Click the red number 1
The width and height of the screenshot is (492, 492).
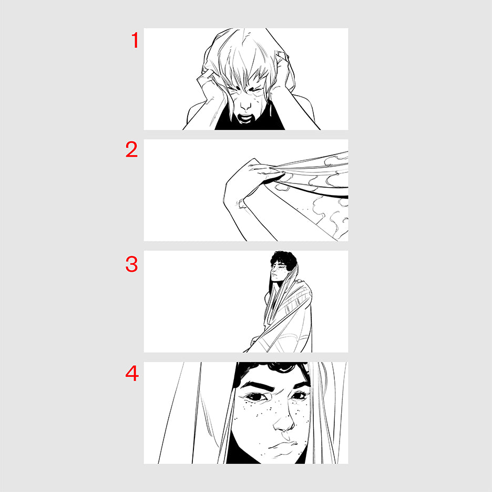point(135,40)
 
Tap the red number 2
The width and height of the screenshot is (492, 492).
point(131,149)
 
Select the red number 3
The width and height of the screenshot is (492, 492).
point(131,264)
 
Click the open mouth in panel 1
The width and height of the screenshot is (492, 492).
point(245,118)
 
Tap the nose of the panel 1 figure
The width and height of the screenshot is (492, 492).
point(245,106)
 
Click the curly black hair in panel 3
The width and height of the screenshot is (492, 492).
point(283,259)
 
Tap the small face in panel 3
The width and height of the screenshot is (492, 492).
point(278,272)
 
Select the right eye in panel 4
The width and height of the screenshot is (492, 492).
point(300,396)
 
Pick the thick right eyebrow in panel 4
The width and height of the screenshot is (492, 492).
point(299,385)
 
